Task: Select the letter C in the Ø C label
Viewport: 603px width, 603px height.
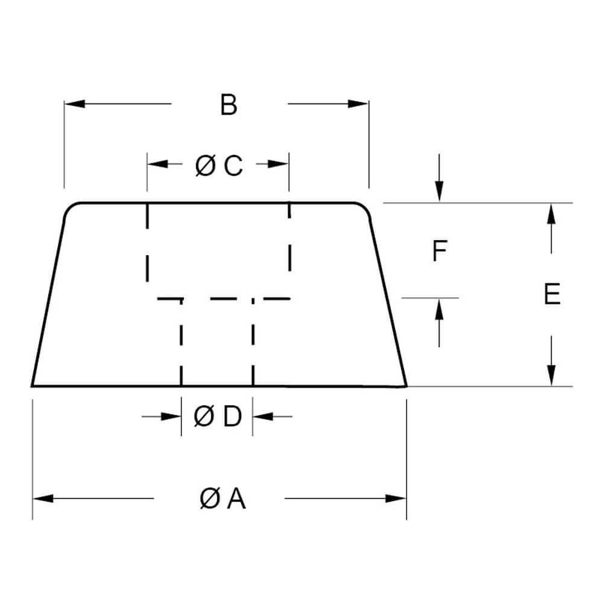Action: coord(233,166)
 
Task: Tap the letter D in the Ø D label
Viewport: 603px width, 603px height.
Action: coord(232,416)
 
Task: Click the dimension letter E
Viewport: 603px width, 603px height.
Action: coord(552,295)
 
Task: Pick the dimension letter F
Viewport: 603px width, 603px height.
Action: coord(440,251)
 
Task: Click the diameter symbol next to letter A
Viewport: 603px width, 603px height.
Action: coord(209,499)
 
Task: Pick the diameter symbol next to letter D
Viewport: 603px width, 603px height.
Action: coord(203,416)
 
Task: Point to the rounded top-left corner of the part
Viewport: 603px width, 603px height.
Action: coord(71,209)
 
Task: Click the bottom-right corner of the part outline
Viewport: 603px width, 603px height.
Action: coord(406,386)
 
